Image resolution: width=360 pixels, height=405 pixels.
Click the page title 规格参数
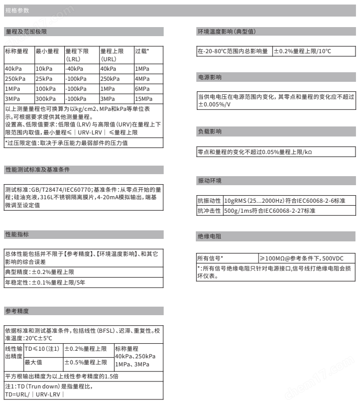(15, 10)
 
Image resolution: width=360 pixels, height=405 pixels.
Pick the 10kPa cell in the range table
(43, 69)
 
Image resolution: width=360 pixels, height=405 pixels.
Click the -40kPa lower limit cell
(74, 69)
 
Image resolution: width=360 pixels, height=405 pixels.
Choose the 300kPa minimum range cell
(45, 98)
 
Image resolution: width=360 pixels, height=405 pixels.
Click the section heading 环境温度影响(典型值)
(226, 32)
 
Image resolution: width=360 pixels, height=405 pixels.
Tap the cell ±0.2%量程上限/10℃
(303, 51)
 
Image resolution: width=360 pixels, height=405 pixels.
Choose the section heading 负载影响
(209, 131)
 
